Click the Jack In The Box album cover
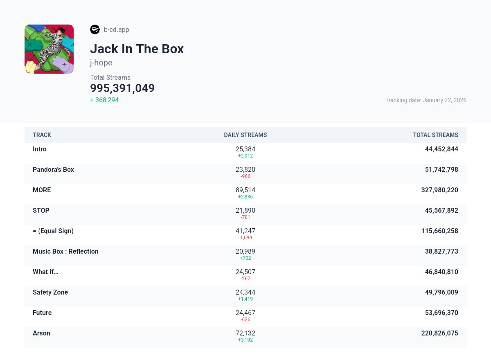click(x=49, y=49)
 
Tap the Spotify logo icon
click(x=95, y=29)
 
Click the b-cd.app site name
click(x=117, y=29)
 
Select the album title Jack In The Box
click(x=137, y=49)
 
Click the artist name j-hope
click(x=101, y=63)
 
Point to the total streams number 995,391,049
click(x=122, y=88)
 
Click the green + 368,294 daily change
click(x=104, y=100)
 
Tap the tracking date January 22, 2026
click(x=426, y=100)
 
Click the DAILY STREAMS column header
click(x=245, y=135)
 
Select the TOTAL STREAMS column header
click(x=435, y=135)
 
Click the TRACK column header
click(x=42, y=135)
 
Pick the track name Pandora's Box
click(x=53, y=169)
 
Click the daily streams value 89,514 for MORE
click(x=245, y=190)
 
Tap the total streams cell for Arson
click(x=439, y=333)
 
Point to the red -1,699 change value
click(x=245, y=238)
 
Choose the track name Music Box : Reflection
click(x=65, y=251)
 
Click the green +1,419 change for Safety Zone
click(x=245, y=299)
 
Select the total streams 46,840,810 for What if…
click(x=441, y=272)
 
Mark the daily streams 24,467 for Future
click(x=245, y=313)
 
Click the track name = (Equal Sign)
click(x=53, y=231)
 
